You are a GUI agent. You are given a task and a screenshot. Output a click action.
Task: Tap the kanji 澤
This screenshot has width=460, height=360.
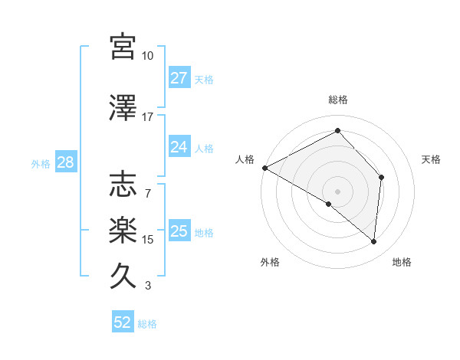point(123,108)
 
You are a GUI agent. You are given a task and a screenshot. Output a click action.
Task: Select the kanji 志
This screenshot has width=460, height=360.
point(123,184)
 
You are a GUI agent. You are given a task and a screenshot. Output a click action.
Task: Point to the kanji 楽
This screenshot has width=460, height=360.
point(123,229)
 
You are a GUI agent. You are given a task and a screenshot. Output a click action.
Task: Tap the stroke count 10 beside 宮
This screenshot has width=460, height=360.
point(148,56)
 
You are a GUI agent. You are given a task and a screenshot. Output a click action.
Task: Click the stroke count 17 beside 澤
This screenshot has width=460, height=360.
point(148,118)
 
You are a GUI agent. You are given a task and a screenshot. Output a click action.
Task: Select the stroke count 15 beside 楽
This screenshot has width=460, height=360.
point(148,240)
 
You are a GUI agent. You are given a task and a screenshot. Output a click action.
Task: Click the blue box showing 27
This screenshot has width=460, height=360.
point(179,77)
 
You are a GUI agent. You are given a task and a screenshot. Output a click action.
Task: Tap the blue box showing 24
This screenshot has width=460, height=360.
point(179,146)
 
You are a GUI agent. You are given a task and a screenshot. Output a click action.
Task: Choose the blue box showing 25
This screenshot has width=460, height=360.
point(179,231)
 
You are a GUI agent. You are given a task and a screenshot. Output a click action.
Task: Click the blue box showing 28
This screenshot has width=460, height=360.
point(65,162)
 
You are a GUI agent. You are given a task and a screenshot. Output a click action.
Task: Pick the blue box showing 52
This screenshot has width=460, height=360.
point(123,322)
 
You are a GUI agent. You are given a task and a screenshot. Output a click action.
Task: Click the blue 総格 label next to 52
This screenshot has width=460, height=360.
point(147,324)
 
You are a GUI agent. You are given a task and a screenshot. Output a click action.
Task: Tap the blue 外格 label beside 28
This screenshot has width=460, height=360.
point(41,163)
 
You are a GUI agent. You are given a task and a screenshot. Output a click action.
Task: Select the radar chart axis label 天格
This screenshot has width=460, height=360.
point(431,159)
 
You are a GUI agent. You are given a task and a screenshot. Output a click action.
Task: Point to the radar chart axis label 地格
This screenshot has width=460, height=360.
point(402,263)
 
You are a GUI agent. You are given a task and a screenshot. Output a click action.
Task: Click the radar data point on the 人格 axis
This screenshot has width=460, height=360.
point(264,168)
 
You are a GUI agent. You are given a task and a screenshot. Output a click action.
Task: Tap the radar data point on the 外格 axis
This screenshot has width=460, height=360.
point(329,205)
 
